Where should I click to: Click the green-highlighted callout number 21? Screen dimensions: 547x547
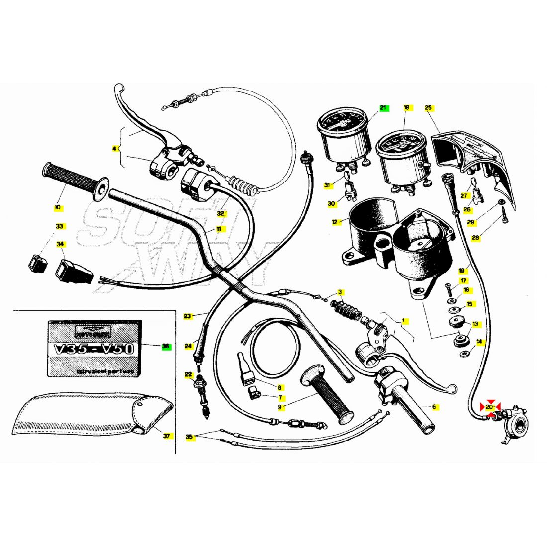383,108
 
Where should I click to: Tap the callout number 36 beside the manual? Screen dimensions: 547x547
166,346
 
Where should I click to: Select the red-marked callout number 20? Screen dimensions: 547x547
490,407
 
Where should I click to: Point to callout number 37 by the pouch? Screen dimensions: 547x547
166,436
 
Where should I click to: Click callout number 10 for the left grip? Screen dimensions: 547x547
58,207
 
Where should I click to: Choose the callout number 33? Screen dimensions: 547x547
60,226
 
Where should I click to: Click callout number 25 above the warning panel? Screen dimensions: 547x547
428,107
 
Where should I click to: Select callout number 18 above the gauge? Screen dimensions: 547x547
406,107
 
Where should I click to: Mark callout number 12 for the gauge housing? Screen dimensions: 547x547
335,222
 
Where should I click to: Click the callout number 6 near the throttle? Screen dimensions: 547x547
434,407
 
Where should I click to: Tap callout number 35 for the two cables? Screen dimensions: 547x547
189,437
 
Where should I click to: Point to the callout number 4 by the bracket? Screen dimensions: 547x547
114,148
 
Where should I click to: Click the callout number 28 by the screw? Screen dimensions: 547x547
476,238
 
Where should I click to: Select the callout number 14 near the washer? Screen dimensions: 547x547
479,342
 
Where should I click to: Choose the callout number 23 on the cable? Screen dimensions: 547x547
187,316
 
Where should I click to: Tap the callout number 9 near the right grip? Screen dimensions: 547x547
280,407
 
